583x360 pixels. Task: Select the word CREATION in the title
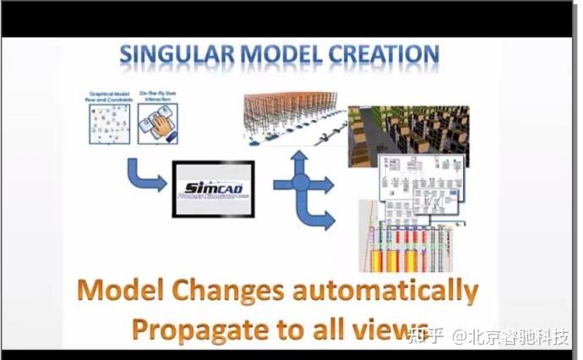[x=380, y=56]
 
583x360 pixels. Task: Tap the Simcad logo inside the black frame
[x=213, y=188]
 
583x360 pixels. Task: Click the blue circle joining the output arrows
[x=301, y=183]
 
